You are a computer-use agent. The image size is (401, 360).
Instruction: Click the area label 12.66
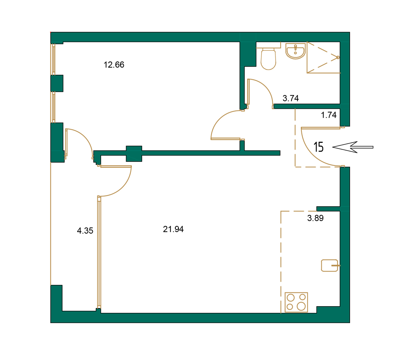click(114, 65)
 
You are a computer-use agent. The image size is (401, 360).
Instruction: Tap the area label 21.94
click(173, 230)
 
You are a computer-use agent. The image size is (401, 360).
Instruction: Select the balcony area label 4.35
click(85, 231)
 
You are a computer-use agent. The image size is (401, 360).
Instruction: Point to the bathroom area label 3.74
click(290, 99)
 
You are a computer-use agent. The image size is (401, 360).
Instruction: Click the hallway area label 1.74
click(328, 115)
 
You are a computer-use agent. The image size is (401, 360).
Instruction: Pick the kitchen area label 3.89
click(315, 218)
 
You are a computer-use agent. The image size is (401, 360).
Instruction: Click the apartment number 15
click(319, 147)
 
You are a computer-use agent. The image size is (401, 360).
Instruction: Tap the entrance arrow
click(352, 147)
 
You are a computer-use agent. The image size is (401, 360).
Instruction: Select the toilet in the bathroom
click(268, 59)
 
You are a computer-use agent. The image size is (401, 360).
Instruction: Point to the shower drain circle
click(338, 57)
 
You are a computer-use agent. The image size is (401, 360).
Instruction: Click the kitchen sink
click(329, 265)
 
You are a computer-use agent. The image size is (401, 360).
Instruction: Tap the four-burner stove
click(296, 302)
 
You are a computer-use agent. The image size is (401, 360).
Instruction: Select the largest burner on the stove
click(301, 306)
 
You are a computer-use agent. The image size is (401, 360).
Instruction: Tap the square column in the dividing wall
click(134, 154)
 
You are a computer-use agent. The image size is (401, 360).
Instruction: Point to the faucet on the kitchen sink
click(335, 265)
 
